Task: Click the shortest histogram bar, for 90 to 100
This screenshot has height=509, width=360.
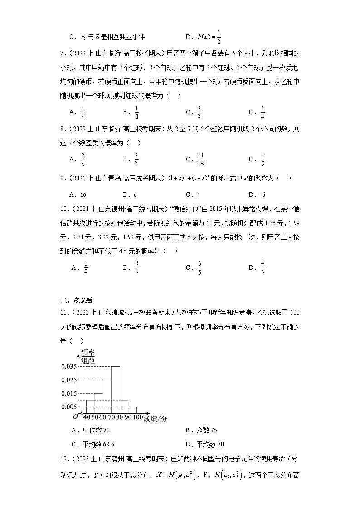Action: pyautogui.click(x=132, y=410)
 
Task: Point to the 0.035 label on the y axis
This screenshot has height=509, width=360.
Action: pyautogui.click(x=68, y=366)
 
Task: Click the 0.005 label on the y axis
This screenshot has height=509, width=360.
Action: pyautogui.click(x=68, y=407)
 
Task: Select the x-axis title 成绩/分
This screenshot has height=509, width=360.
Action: pyautogui.click(x=156, y=419)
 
